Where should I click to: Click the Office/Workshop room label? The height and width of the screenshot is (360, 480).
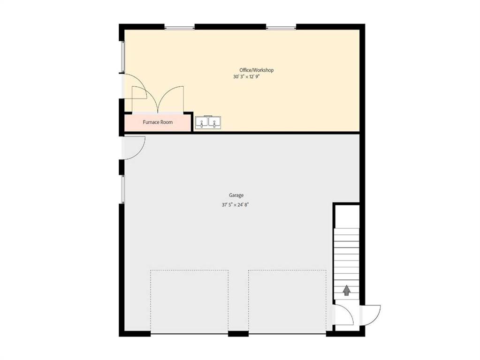(256, 70)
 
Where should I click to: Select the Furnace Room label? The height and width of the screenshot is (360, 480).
(158, 122)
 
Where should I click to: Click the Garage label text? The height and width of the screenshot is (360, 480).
(236, 195)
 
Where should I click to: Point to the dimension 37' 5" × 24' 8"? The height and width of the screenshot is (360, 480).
(236, 205)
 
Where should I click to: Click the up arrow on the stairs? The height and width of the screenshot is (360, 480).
(346, 290)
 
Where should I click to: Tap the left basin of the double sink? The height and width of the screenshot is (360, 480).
(202, 122)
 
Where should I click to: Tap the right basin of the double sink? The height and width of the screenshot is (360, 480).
(214, 122)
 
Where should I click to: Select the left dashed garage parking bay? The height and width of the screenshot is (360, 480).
(190, 301)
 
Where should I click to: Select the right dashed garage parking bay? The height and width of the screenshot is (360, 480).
(287, 301)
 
